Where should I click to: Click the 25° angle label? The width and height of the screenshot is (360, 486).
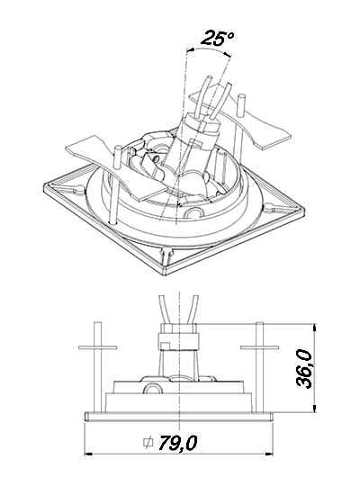(x=218, y=38)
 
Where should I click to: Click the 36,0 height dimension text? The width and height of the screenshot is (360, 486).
(x=304, y=368)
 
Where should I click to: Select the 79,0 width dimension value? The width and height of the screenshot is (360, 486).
(x=177, y=443)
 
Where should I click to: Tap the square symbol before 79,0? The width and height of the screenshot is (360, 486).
(x=148, y=443)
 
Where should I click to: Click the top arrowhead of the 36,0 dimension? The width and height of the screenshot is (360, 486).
(x=315, y=328)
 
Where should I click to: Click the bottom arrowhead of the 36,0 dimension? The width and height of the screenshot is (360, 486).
(x=315, y=408)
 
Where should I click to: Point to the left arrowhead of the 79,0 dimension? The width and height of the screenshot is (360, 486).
(x=88, y=454)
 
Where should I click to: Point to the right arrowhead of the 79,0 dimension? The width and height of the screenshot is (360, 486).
(x=268, y=454)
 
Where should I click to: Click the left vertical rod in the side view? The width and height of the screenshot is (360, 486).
(x=98, y=367)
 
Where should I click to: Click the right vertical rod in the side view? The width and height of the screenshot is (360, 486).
(x=259, y=367)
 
